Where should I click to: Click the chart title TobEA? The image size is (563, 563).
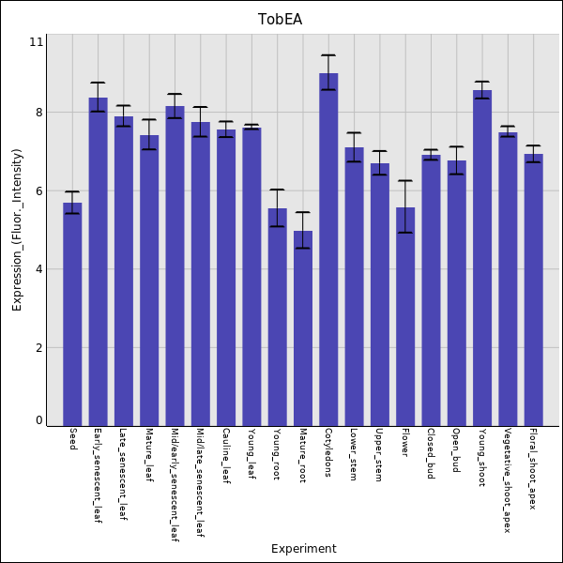pyautogui.click(x=281, y=19)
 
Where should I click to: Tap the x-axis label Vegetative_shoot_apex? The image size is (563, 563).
pyautogui.click(x=508, y=479)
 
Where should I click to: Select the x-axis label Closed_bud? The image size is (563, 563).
pyautogui.click(x=431, y=453)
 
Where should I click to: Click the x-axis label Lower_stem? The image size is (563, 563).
pyautogui.click(x=354, y=453)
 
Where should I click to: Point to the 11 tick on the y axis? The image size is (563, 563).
pyautogui.click(x=37, y=42)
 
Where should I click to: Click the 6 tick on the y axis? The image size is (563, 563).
pyautogui.click(x=38, y=190)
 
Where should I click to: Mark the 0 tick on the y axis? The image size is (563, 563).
pyautogui.click(x=38, y=420)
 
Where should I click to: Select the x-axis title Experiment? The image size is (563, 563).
pyautogui.click(x=303, y=549)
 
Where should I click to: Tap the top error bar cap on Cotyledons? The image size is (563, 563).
pyautogui.click(x=328, y=55)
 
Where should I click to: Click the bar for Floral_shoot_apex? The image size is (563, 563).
pyautogui.click(x=533, y=291)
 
